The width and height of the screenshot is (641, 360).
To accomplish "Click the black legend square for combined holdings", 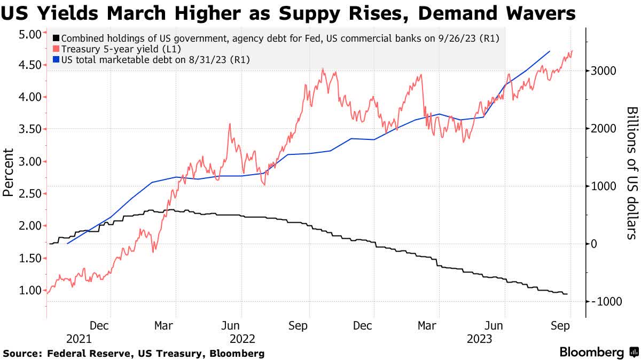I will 56,38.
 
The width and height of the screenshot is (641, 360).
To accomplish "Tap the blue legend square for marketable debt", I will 56,60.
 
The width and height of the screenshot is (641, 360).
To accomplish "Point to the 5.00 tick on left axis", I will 30,34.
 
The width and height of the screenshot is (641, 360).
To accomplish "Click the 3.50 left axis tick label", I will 30,129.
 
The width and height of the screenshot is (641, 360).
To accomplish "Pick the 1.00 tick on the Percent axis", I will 30,290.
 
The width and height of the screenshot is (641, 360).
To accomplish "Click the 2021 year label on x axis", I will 79,339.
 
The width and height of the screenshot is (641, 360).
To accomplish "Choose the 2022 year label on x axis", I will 243,339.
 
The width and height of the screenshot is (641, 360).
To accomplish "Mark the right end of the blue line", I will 550,51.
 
